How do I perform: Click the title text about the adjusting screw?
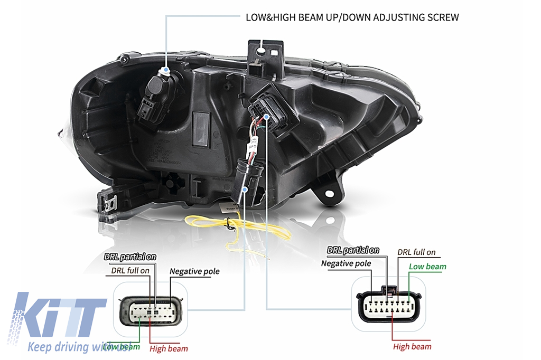(352, 17)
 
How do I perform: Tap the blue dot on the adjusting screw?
(166, 69)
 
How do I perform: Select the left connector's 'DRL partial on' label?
(130, 257)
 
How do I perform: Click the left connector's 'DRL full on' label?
(130, 270)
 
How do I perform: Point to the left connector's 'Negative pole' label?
(194, 271)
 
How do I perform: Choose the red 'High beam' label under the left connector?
(169, 348)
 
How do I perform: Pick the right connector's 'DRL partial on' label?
(353, 250)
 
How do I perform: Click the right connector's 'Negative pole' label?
(346, 263)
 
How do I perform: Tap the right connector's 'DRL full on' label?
(416, 252)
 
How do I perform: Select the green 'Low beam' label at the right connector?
(427, 267)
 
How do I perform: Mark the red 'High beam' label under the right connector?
(412, 347)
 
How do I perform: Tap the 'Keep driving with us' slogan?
(79, 347)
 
